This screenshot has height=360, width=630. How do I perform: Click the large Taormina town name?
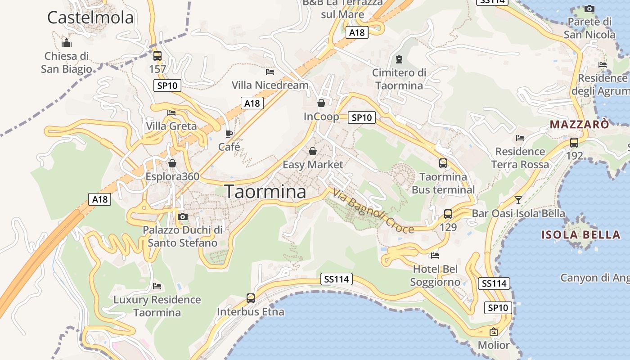(x=265, y=192)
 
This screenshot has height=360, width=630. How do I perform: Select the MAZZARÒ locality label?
(x=579, y=124)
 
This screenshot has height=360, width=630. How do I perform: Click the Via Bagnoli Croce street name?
(x=373, y=211)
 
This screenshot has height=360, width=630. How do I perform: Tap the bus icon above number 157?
(x=157, y=56)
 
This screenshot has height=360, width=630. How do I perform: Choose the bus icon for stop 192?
(x=574, y=143)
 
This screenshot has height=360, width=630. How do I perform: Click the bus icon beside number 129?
(x=448, y=214)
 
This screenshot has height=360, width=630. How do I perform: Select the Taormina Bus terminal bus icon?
(x=443, y=163)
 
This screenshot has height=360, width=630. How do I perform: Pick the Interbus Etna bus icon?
(x=251, y=298)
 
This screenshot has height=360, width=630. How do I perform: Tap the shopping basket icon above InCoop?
(x=321, y=103)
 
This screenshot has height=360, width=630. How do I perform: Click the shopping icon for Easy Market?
(x=312, y=151)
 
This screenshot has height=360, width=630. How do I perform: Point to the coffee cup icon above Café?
(x=229, y=134)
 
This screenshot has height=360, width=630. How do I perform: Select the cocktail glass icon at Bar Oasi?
(x=518, y=200)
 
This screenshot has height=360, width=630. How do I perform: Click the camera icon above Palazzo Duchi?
(x=182, y=216)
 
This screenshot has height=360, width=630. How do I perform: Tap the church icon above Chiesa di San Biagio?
(x=67, y=43)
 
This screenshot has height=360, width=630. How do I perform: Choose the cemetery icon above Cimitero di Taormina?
(x=399, y=59)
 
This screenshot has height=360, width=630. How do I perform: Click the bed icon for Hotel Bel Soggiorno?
(x=435, y=256)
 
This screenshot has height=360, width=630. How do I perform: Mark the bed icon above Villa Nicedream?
(x=270, y=72)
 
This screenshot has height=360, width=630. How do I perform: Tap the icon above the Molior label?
(x=494, y=332)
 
